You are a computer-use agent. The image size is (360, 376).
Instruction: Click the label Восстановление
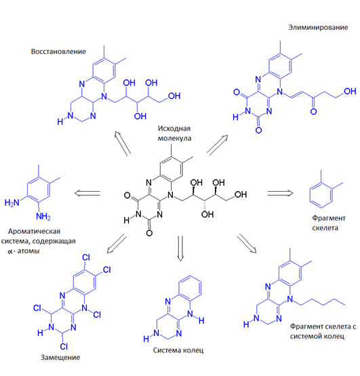58,51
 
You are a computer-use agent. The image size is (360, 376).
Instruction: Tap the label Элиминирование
318,27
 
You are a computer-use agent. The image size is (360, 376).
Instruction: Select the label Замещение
60,358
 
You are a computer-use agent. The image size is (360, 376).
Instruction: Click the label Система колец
178,350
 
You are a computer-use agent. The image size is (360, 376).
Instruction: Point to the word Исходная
174,128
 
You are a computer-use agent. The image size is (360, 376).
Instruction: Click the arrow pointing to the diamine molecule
87,193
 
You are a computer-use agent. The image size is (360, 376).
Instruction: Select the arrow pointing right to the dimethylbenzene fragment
280,193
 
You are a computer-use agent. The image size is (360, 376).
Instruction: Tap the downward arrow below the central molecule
181,249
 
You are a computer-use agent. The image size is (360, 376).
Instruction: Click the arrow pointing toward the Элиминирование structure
217,145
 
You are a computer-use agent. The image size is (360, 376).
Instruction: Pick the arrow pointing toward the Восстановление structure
123,144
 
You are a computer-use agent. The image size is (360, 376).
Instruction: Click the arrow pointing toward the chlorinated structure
117,243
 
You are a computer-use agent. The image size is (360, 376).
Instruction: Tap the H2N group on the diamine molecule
12,203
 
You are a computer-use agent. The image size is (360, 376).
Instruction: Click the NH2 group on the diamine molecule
43,217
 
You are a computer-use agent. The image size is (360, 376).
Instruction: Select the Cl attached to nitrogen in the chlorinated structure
97,314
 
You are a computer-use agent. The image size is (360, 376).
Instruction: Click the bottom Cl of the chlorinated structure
64,346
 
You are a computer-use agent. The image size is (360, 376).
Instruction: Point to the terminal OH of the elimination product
350,91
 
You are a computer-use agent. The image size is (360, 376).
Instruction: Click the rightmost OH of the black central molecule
241,194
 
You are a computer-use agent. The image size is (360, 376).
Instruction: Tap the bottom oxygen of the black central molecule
149,233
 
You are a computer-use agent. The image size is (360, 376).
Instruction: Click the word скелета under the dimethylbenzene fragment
325,228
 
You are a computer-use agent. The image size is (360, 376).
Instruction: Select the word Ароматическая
34,231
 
